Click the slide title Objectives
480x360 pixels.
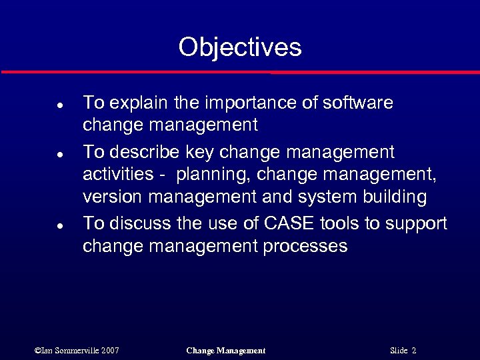point(240,47)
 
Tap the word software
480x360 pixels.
point(357,103)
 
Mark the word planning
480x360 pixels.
point(213,175)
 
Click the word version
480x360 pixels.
point(113,197)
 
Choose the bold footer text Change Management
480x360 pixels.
point(226,351)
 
